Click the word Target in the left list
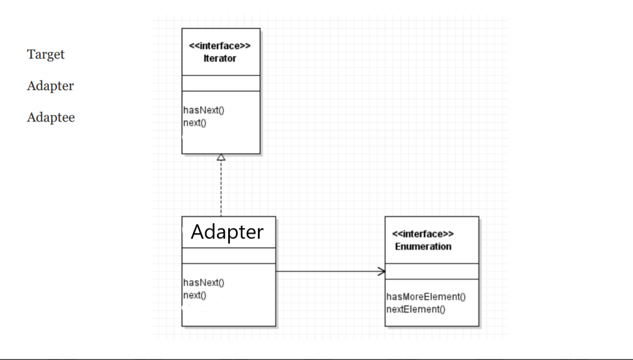[46, 55]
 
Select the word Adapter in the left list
[50, 86]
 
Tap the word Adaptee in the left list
[51, 118]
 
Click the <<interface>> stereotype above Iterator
[220, 47]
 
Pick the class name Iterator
[220, 58]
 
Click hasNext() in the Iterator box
[204, 110]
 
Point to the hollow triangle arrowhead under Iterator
[221, 157]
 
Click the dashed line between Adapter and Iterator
[221, 188]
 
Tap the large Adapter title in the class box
[227, 232]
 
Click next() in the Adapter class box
[195, 295]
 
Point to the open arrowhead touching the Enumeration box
[381, 272]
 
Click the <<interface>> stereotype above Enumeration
[423, 235]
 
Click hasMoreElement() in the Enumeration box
[426, 297]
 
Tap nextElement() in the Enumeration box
[415, 309]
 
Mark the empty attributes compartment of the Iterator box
[221, 83]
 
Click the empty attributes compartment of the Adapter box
[228, 256]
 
